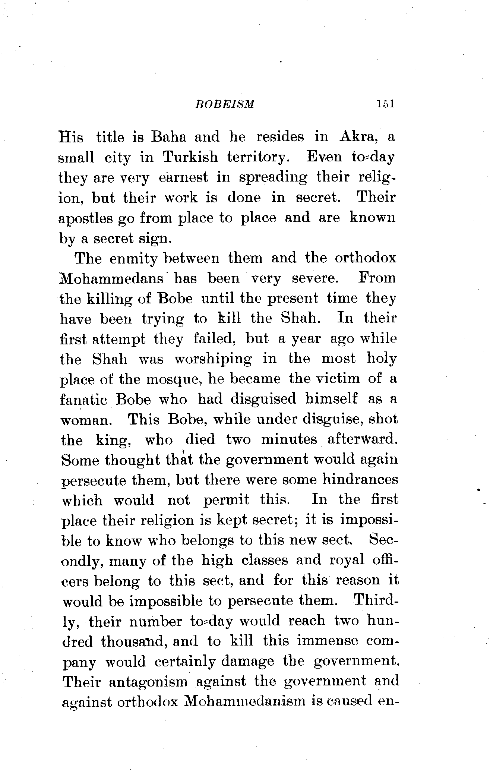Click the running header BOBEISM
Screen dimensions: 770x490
click(x=225, y=104)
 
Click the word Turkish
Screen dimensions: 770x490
click(x=190, y=157)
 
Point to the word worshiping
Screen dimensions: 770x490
click(x=213, y=359)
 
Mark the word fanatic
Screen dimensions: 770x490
click(x=84, y=400)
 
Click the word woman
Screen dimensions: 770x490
click(x=85, y=420)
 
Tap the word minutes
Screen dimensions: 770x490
click(x=289, y=440)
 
